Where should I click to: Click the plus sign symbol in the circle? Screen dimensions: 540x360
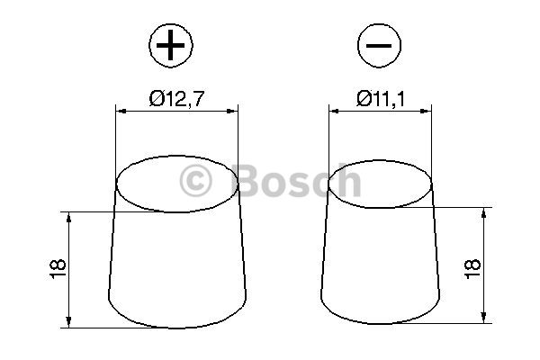(170, 45)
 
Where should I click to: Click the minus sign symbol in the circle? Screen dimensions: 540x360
(379, 46)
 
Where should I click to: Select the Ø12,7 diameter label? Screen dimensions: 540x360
(176, 98)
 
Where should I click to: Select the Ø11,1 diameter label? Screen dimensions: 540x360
(382, 98)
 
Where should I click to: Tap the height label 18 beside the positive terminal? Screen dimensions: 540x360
(58, 269)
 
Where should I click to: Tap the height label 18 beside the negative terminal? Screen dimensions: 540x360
(472, 269)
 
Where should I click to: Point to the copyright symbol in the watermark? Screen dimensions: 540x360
(195, 181)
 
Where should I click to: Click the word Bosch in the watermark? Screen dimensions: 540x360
(296, 181)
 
